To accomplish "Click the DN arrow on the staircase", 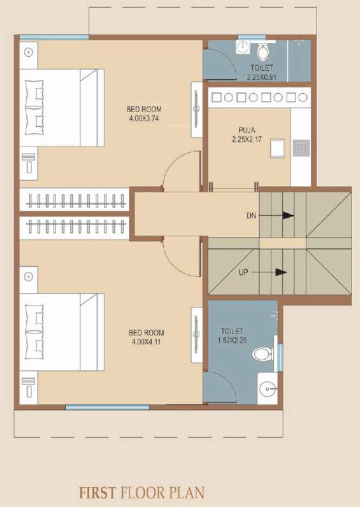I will pos(287,215).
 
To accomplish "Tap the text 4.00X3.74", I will pos(144,119).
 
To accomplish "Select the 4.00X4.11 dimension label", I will pos(146,342).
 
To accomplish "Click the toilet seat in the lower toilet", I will pos(262,355).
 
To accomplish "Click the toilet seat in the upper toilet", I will pos(263,51).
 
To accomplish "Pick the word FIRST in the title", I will pos(98,492).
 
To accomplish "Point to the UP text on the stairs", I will pos(244,272).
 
